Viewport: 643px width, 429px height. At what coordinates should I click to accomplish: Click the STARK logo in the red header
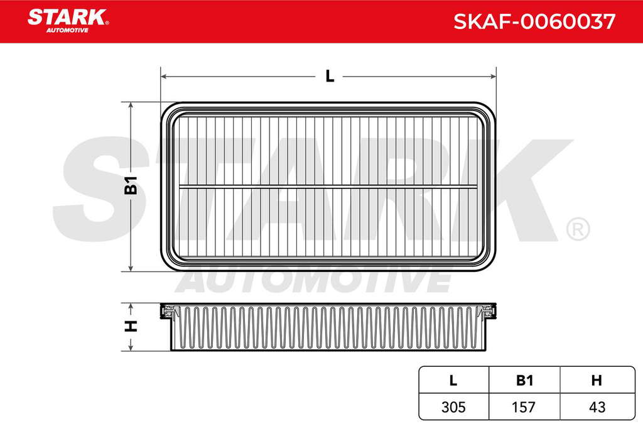pos(68,21)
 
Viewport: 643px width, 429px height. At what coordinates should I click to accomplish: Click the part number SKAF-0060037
pos(534,21)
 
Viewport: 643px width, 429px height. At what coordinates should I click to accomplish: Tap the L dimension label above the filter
pos(330,76)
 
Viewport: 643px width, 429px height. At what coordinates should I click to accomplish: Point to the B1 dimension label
pos(131,185)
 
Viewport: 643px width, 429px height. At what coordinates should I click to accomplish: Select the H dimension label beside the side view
pos(131,326)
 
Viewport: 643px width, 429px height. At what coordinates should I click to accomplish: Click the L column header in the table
pos(453,380)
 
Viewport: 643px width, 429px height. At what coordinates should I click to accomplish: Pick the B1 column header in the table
pos(524,380)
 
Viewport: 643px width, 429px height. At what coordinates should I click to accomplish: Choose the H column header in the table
pos(597,380)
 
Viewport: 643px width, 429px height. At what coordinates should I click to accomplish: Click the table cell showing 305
pos(453,407)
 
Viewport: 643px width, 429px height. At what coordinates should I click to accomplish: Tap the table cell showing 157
pos(524,407)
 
